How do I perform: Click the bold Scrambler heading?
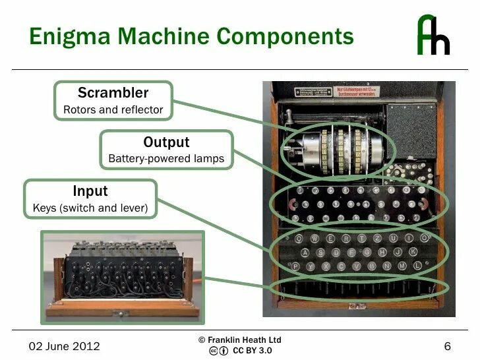tap(113, 92)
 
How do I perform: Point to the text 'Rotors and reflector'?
tap(113, 109)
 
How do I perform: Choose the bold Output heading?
tap(166, 142)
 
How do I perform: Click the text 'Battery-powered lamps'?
tap(166, 159)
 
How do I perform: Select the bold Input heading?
tap(90, 191)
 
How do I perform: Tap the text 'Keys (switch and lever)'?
tap(90, 209)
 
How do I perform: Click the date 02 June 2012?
tap(64, 346)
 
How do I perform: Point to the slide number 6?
tap(447, 346)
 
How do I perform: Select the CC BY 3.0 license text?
tap(252, 351)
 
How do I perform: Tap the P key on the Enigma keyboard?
tap(295, 266)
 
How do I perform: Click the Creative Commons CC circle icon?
tap(214, 351)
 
